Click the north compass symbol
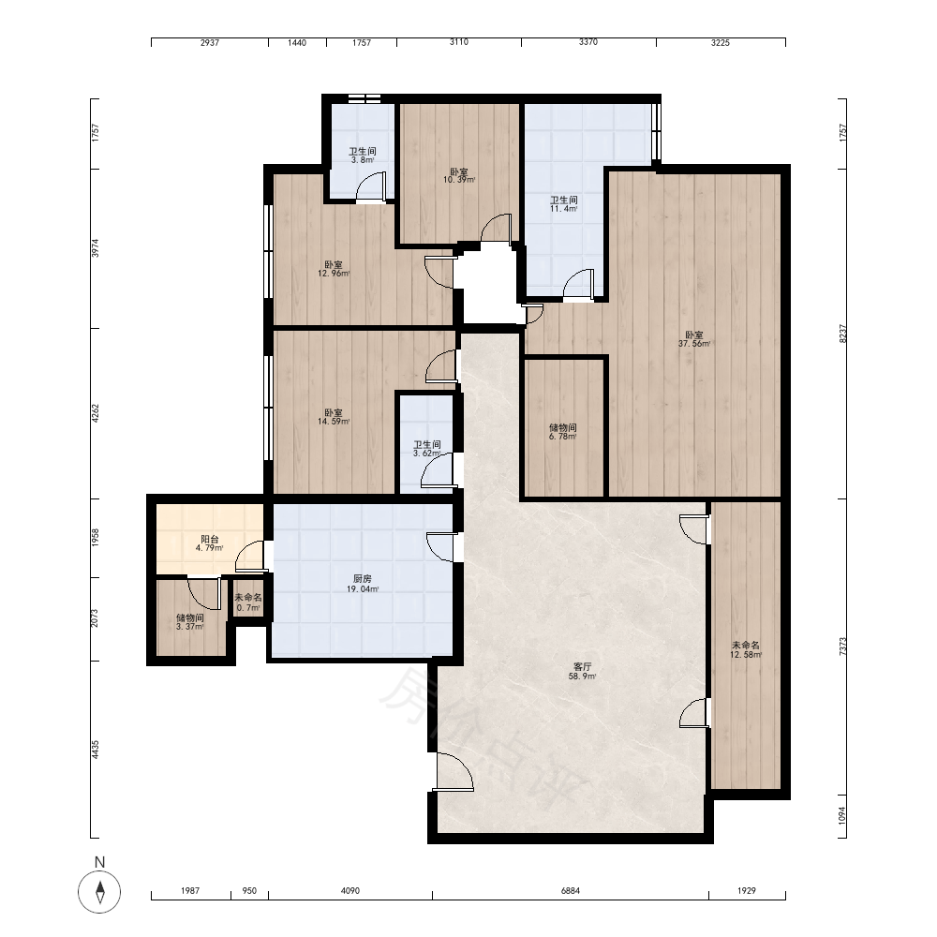click(99, 891)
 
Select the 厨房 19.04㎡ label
click(363, 584)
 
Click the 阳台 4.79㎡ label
click(210, 543)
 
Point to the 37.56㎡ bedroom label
click(694, 339)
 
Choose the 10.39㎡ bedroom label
click(459, 176)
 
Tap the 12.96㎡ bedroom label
click(334, 269)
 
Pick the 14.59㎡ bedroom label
click(334, 417)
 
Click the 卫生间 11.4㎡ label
click(564, 203)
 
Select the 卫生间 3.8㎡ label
click(363, 156)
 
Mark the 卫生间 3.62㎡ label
click(427, 449)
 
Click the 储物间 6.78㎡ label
click(563, 432)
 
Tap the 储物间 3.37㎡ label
click(190, 622)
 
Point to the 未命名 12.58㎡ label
click(746, 649)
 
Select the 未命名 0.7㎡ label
click(248, 602)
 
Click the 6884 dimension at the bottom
click(571, 890)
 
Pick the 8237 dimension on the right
click(842, 334)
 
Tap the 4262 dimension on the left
click(95, 413)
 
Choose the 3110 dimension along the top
click(459, 42)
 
